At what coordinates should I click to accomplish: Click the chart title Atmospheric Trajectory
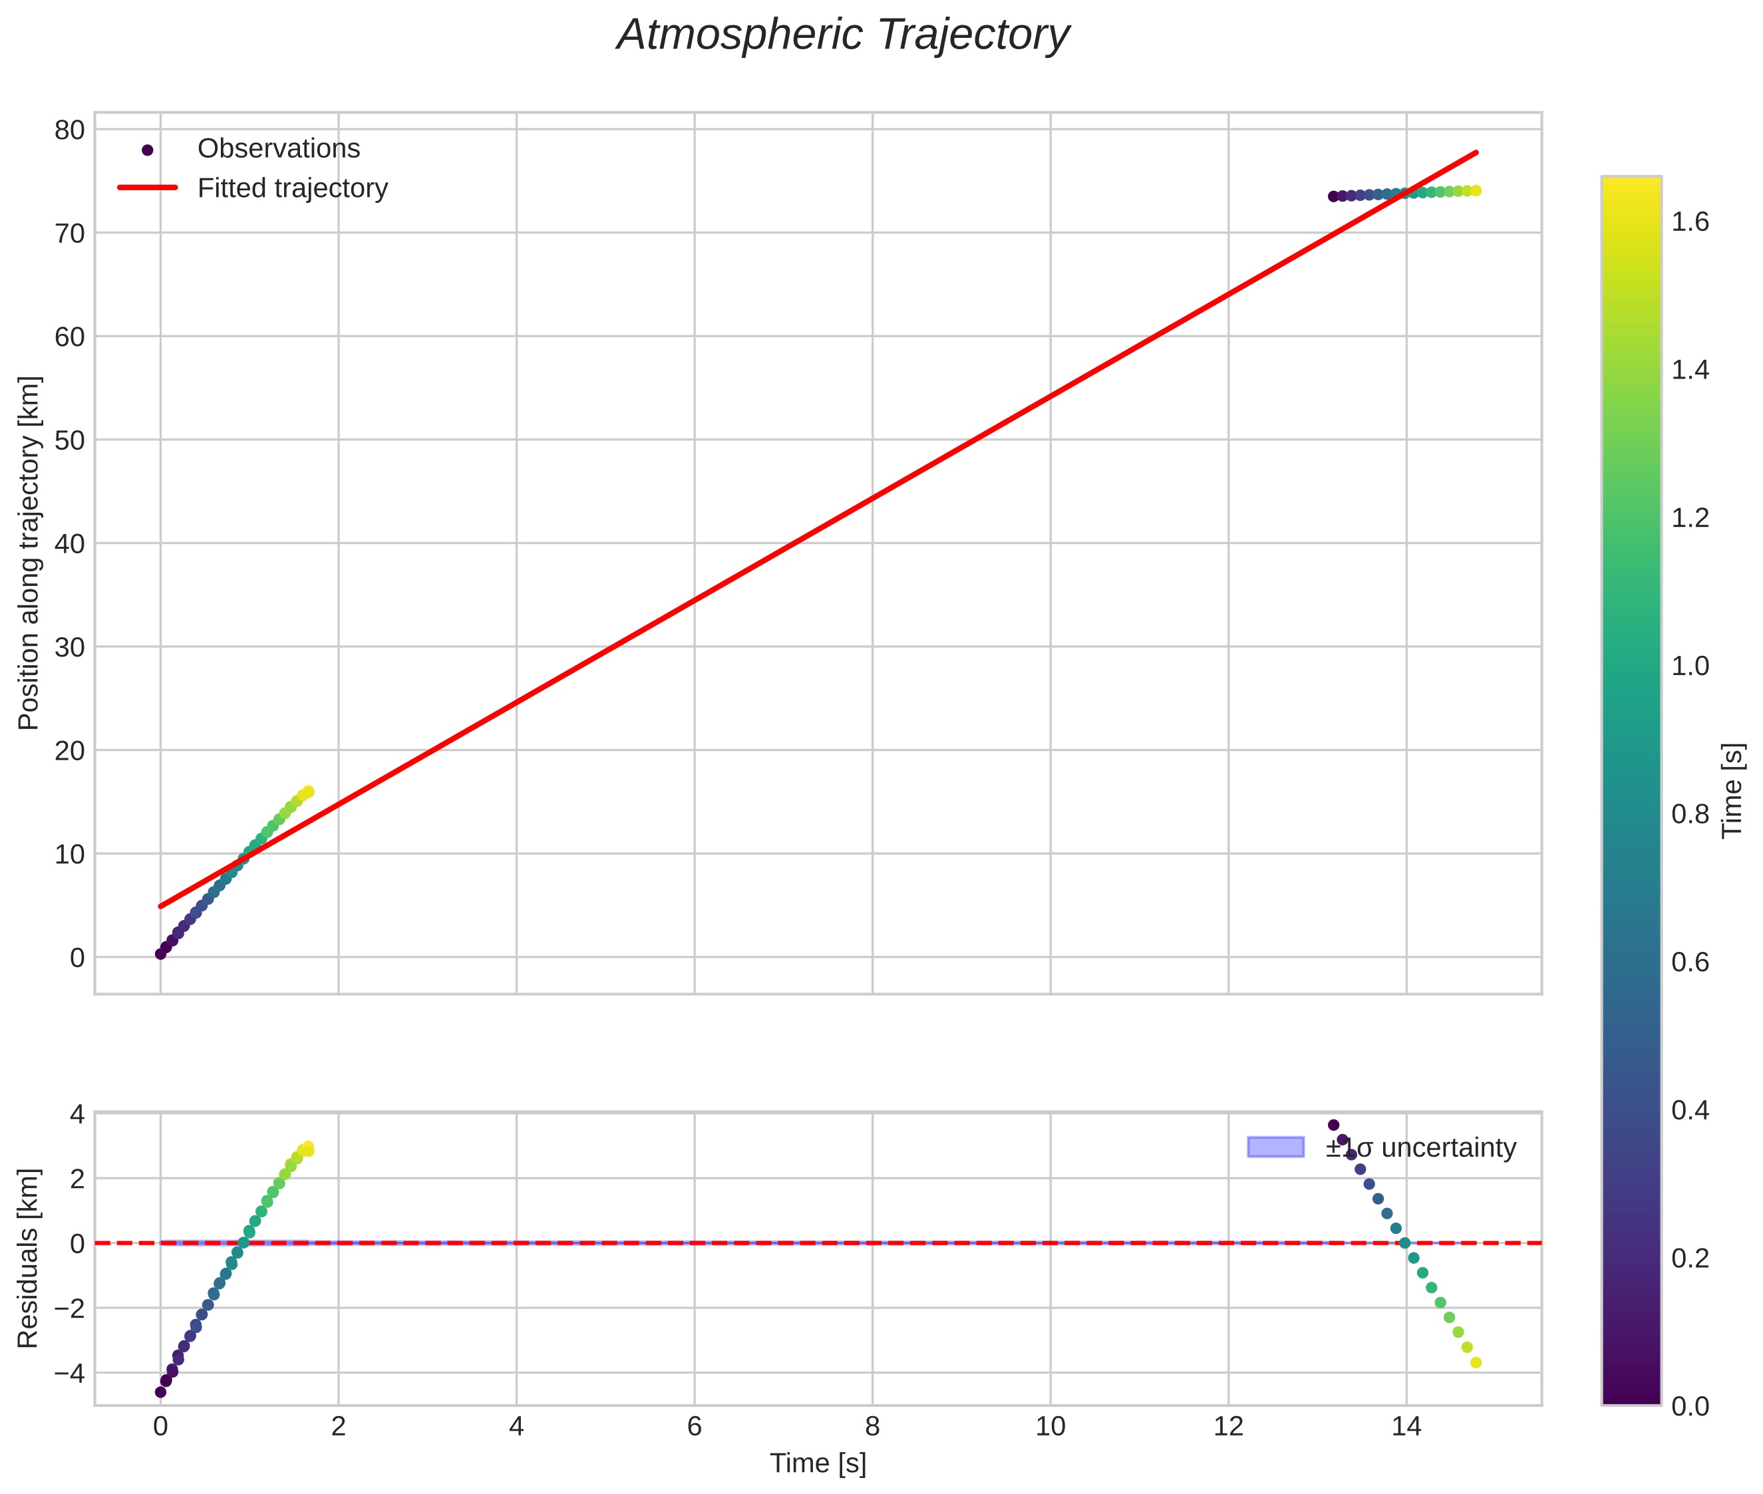[842, 35]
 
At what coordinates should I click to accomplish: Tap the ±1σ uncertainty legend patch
[1275, 1147]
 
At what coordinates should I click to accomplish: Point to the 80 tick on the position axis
[71, 130]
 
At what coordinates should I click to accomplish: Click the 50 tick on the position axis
[71, 440]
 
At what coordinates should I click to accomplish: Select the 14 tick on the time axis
[1406, 1427]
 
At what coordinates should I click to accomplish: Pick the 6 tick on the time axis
[694, 1427]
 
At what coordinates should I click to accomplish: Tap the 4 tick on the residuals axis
[77, 1114]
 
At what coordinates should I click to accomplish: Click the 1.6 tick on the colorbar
[1689, 223]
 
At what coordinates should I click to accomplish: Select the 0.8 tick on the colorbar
[1689, 815]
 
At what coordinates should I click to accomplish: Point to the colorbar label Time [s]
[1732, 790]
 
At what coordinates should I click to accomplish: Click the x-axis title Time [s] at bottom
[818, 1464]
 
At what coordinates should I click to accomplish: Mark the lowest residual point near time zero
[160, 1392]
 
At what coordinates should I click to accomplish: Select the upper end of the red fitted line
[1477, 152]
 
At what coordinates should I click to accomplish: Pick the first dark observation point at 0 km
[160, 954]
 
